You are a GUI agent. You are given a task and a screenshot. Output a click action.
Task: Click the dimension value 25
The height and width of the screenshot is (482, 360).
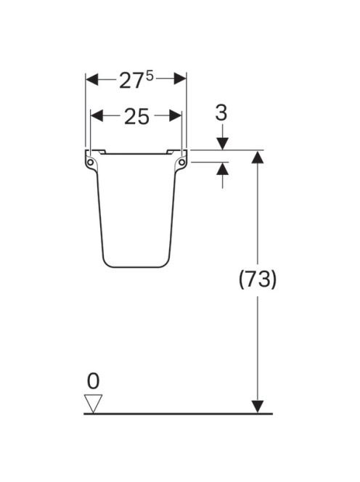[136, 117]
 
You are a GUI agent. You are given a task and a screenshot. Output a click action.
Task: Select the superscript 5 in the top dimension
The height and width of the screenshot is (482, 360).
[150, 76]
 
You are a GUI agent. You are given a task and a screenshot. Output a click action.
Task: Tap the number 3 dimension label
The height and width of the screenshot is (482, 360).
[221, 113]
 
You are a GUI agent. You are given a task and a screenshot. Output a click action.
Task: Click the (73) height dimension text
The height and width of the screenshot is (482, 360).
[258, 279]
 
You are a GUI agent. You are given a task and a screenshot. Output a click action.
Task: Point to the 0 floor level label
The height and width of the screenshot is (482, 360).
[93, 381]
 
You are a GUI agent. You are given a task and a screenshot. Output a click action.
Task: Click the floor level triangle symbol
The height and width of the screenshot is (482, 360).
[93, 404]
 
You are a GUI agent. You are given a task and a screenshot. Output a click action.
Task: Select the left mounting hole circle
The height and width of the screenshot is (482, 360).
[90, 162]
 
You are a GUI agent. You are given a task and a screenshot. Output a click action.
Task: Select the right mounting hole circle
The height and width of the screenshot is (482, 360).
[182, 162]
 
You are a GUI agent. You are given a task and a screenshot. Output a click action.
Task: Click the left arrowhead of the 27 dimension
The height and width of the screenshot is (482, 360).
[91, 79]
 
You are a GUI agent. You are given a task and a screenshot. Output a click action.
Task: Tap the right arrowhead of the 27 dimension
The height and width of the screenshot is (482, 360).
[180, 79]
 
